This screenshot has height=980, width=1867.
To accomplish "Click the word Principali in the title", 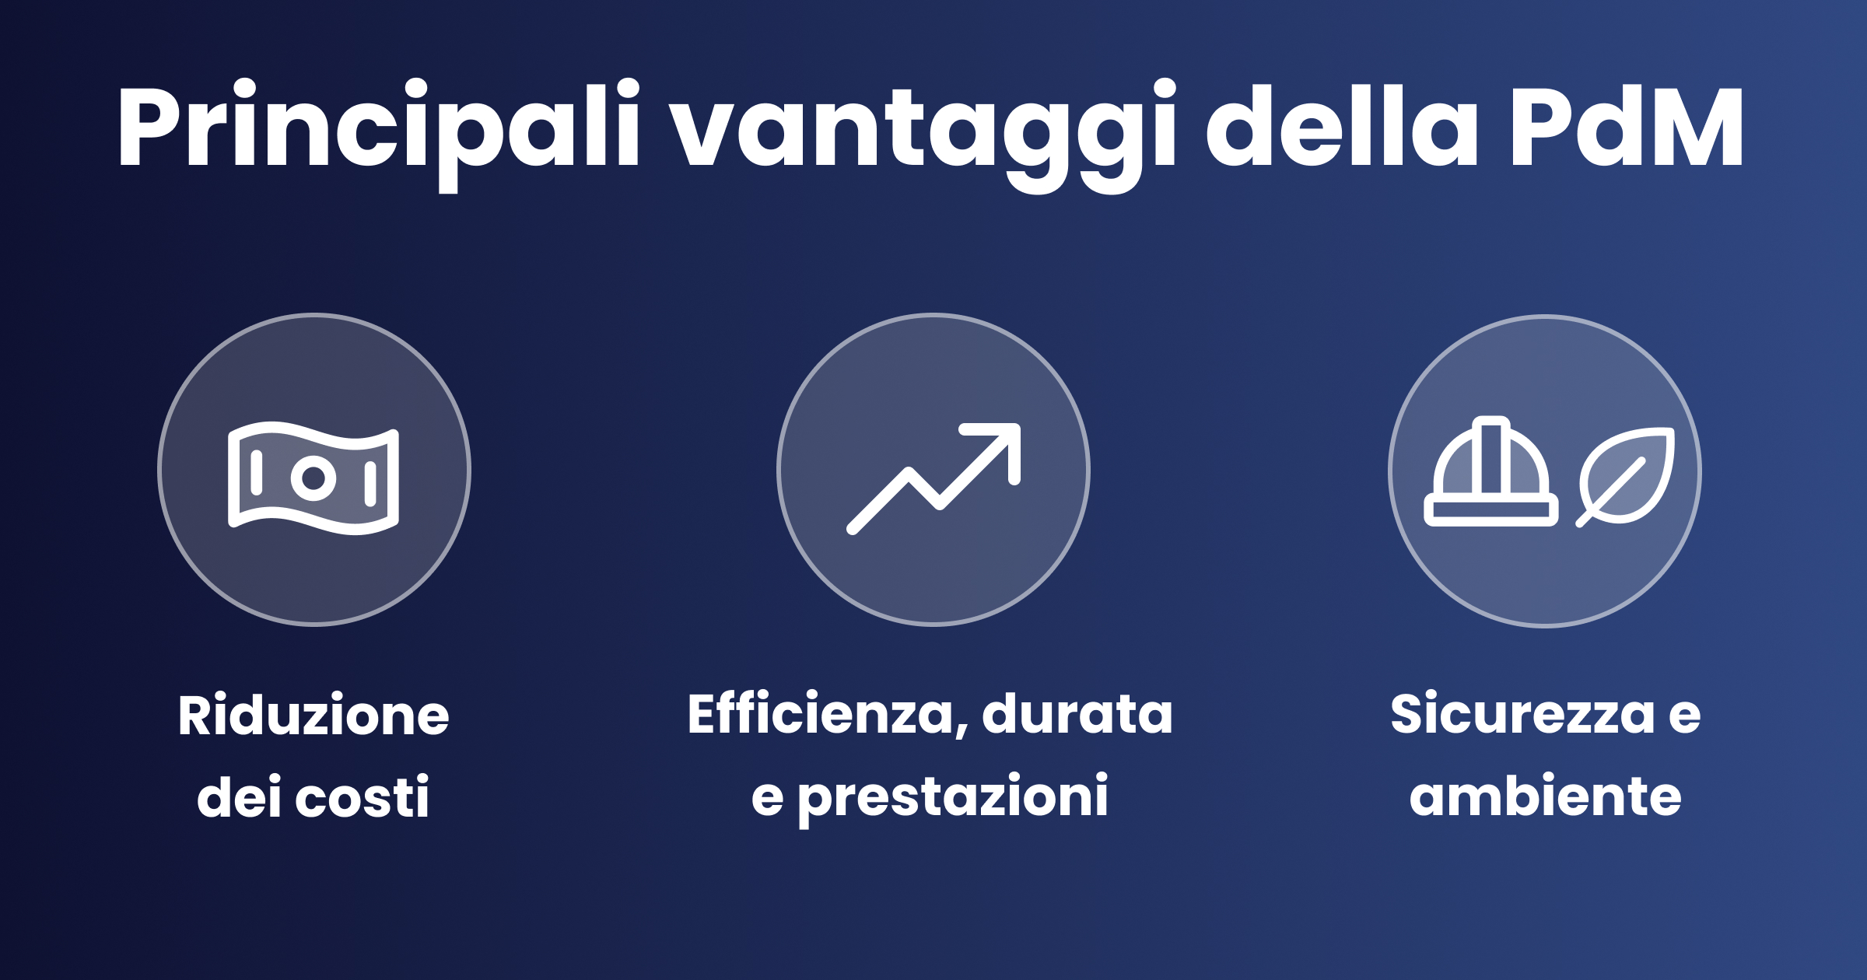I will point(379,128).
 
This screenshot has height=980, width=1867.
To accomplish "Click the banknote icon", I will point(314,478).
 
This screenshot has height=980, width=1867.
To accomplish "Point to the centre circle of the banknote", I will point(314,478).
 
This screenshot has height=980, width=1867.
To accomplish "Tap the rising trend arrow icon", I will point(933,478).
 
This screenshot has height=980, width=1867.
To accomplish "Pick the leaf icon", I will point(1626,476).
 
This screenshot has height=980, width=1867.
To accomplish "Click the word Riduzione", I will point(314,716).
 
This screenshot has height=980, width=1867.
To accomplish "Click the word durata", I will point(1077,714).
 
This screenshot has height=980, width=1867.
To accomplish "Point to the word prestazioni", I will point(953,797).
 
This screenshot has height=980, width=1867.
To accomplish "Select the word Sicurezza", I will point(1522,714).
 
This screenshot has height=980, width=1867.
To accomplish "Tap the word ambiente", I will point(1545,796).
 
